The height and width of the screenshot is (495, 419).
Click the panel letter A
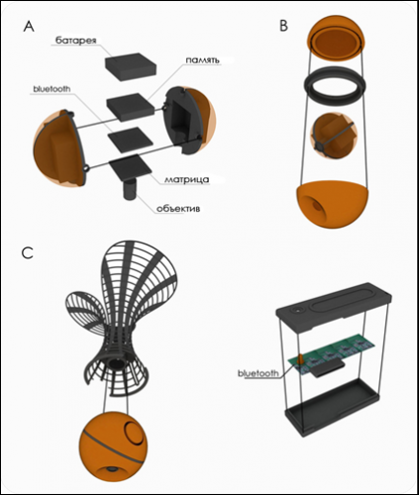click(x=29, y=26)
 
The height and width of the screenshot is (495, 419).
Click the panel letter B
click(x=283, y=26)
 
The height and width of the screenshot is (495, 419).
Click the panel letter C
click(x=28, y=253)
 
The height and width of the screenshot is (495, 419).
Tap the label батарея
click(x=75, y=41)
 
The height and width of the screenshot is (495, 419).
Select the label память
click(x=202, y=60)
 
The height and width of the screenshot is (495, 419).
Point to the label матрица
click(x=186, y=179)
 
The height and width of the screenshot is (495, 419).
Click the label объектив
click(x=178, y=208)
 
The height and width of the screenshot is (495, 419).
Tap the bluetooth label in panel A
click(x=52, y=89)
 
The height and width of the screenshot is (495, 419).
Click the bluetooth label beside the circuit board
click(x=259, y=373)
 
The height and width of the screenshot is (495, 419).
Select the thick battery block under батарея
click(x=131, y=67)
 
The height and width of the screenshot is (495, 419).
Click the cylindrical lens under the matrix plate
click(x=130, y=189)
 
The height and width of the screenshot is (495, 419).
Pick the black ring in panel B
click(x=335, y=86)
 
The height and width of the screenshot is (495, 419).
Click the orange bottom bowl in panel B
click(x=333, y=205)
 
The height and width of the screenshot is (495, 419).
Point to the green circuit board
click(x=332, y=357)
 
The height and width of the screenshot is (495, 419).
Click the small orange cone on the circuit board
click(x=301, y=359)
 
